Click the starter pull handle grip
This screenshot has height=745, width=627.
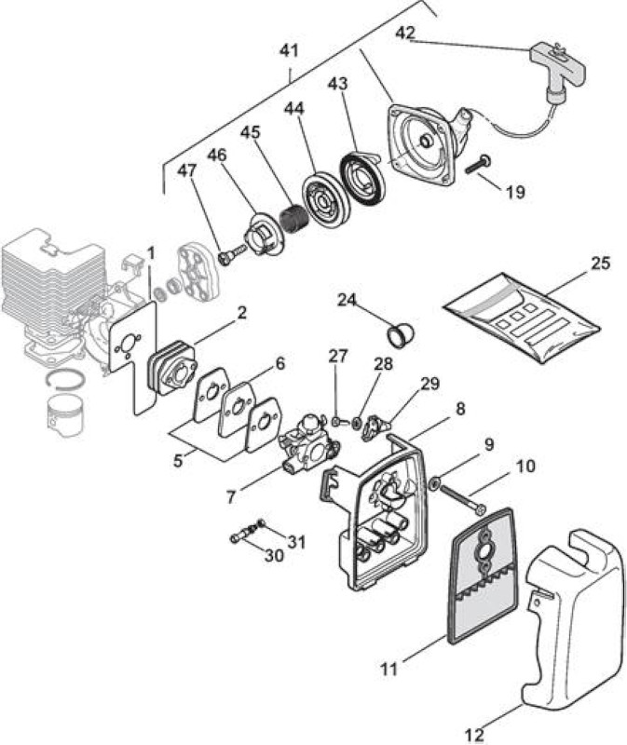tap(557, 64)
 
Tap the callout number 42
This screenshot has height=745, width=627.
tap(405, 33)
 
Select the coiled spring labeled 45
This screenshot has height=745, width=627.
tap(289, 217)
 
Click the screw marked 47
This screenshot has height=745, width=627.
tap(231, 252)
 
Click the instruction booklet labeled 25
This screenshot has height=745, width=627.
tap(522, 318)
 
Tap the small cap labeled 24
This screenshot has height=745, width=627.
tap(400, 334)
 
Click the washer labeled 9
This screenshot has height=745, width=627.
tap(434, 484)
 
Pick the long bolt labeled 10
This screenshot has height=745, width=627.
tap(463, 499)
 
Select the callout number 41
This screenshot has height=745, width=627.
tap(290, 50)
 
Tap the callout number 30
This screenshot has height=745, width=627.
tap(274, 554)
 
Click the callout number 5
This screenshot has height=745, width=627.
tap(178, 460)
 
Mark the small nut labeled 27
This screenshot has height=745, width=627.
tap(336, 420)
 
